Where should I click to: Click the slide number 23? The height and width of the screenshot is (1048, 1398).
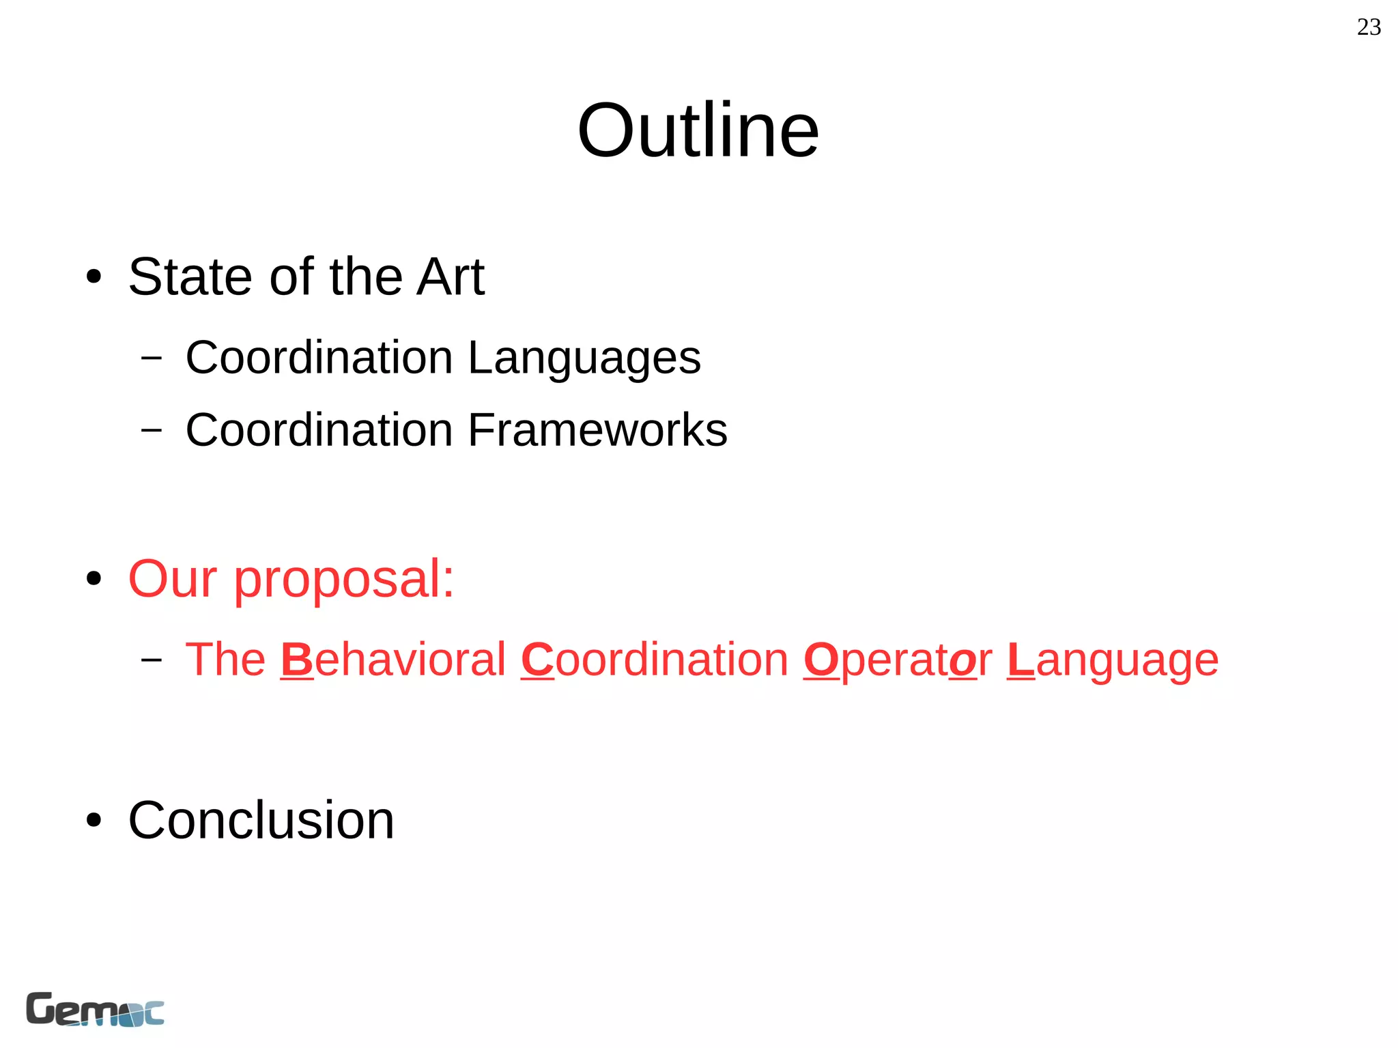1369,27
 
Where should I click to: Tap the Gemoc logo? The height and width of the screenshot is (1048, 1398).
95,1009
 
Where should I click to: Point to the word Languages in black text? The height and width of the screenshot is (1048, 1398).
584,358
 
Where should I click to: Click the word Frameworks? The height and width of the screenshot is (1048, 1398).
598,430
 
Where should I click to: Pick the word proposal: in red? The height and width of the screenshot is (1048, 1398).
344,580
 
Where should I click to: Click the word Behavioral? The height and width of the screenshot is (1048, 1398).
393,660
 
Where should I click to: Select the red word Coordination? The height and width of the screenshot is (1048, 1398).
655,660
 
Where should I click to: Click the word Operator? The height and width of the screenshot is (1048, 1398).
898,660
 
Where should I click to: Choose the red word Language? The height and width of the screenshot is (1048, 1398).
1113,661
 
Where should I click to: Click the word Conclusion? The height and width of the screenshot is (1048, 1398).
261,820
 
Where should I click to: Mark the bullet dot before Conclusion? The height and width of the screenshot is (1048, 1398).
94,820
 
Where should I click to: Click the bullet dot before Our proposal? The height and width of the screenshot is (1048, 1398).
94,579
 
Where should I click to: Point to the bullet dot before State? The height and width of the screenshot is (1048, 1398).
94,277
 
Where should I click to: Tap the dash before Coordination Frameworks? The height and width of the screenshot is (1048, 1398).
152,430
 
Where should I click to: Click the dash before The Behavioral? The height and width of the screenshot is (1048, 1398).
152,660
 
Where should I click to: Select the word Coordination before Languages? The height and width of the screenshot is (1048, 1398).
319,358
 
